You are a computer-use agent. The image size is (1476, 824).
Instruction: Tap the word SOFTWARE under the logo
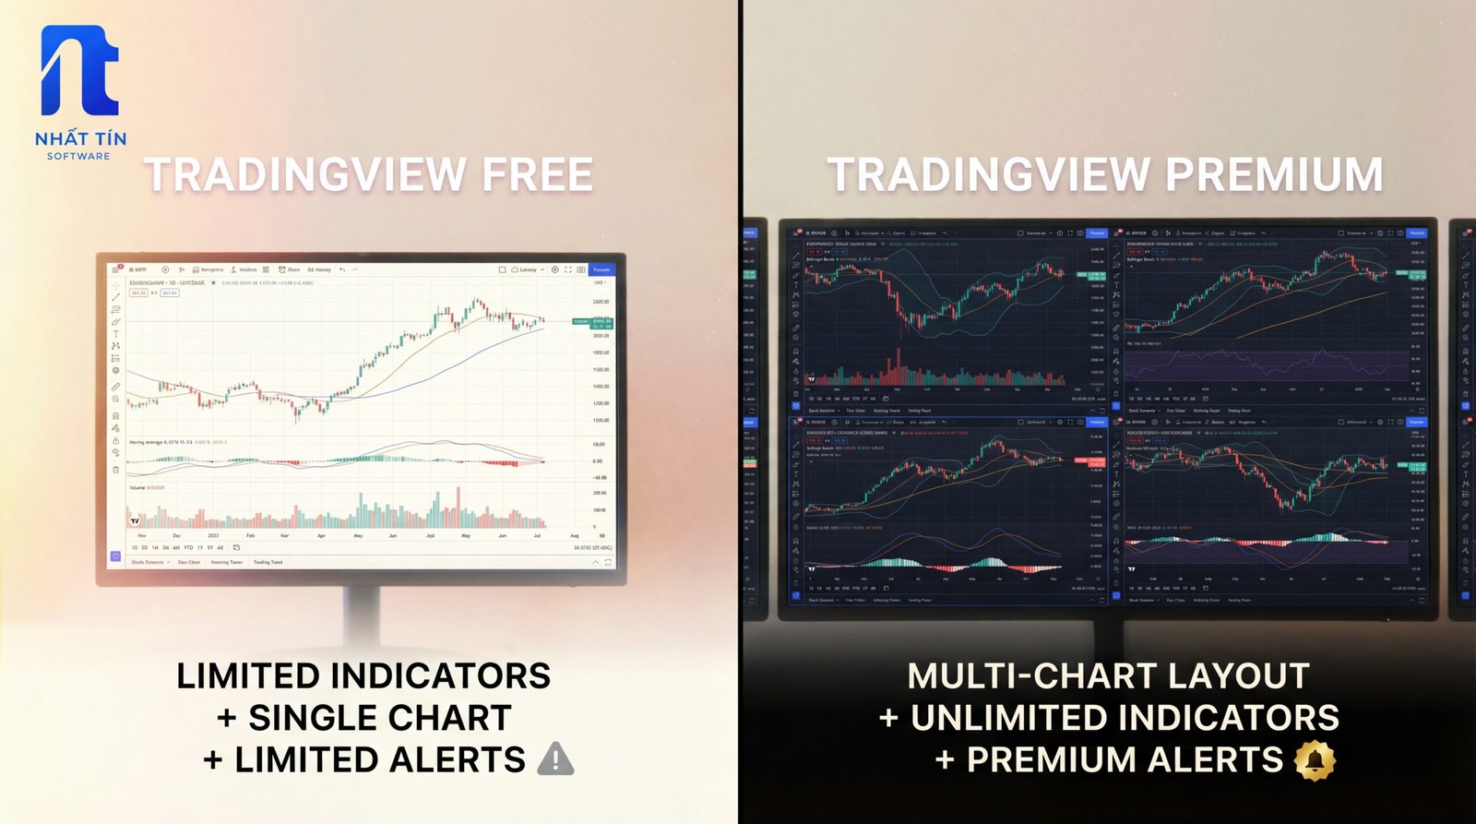pos(78,156)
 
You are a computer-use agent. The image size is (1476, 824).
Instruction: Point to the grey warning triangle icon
pos(554,759)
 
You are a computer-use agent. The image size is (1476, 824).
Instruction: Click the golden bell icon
pos(1315,759)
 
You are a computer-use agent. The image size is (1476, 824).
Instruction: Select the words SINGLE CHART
pos(379,718)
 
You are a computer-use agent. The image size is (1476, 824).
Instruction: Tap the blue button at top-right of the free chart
pos(601,269)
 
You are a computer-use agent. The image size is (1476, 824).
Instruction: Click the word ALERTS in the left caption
pos(458,759)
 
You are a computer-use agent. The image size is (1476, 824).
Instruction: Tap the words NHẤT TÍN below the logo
pos(80,138)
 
